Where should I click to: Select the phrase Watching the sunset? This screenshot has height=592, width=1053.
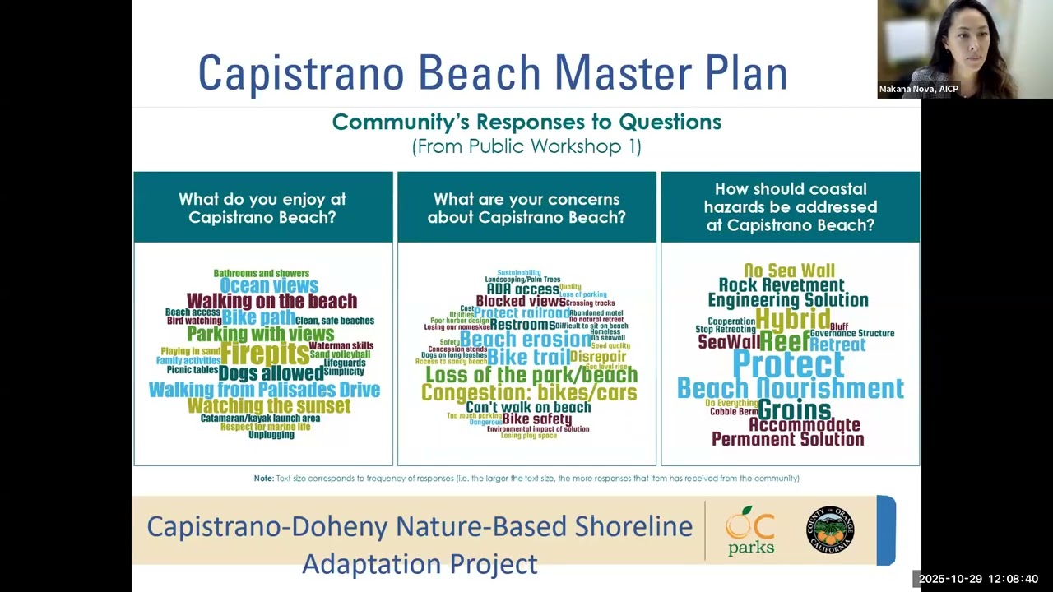[269, 405]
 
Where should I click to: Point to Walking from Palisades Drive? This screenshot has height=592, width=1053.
[264, 390]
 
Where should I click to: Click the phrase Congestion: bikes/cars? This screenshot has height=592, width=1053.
[529, 393]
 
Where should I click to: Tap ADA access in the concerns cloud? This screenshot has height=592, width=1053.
[523, 289]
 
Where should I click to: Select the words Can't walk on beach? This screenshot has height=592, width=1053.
[528, 407]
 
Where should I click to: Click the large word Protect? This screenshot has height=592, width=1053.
[788, 363]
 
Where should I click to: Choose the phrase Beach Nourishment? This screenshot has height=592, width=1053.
[790, 388]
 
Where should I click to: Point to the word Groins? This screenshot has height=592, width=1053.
[794, 409]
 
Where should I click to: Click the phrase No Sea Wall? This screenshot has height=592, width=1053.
[789, 271]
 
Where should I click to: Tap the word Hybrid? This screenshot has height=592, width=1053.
[792, 319]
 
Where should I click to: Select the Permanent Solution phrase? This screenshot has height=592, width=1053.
[787, 440]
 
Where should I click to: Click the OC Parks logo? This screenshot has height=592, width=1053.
[750, 530]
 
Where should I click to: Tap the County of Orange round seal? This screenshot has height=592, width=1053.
[829, 530]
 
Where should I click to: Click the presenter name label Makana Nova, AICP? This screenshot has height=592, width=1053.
[918, 89]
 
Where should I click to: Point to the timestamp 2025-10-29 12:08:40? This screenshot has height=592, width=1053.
[978, 579]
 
